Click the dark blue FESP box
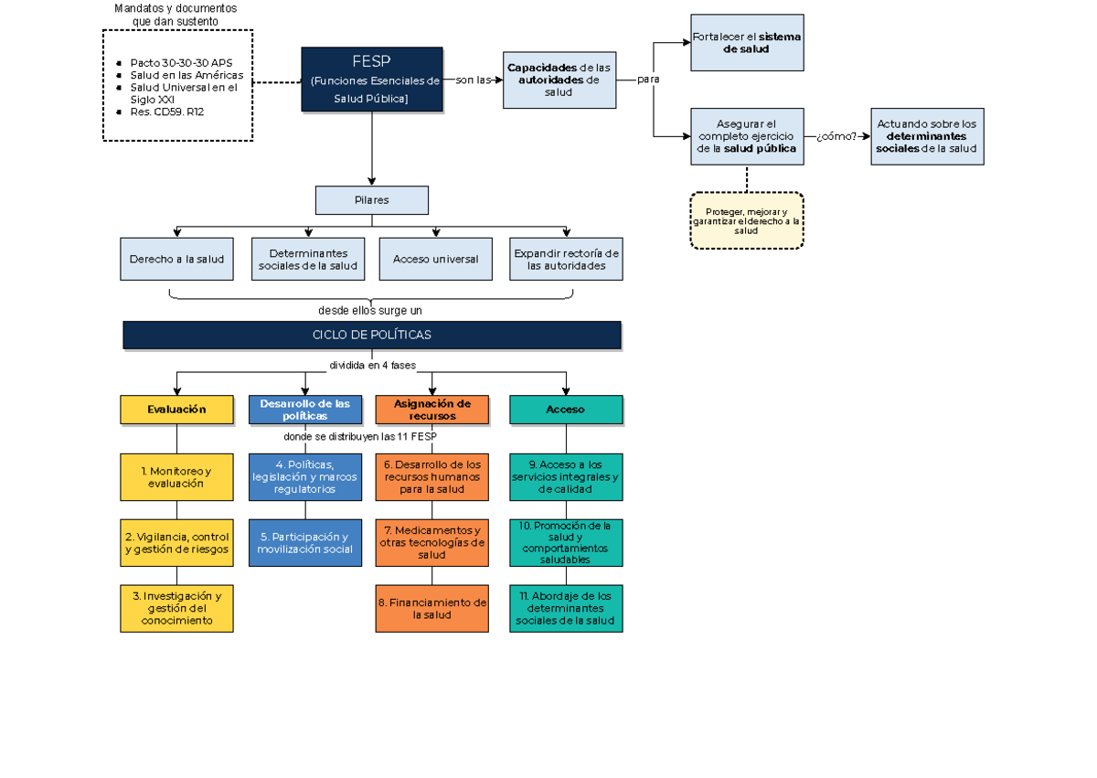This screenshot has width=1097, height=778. click(x=372, y=80)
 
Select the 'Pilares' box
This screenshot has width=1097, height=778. click(x=371, y=200)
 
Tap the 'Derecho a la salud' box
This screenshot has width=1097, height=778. click(x=176, y=260)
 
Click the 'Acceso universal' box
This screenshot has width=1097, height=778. click(x=435, y=260)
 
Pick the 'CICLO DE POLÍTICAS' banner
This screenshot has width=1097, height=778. click(x=372, y=335)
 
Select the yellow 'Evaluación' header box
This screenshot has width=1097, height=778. click(x=176, y=410)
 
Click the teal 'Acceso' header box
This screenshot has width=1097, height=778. click(x=566, y=410)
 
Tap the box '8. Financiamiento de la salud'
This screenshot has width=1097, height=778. click(x=432, y=609)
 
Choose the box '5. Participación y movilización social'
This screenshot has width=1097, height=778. click(x=305, y=543)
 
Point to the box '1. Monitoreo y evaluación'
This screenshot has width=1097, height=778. click(x=176, y=477)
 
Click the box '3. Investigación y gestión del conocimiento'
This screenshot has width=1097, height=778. click(x=176, y=608)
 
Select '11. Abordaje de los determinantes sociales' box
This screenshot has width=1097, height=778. click(x=566, y=608)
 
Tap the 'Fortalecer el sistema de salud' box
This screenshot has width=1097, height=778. click(x=747, y=43)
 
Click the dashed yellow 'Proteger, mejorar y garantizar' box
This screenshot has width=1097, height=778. click(x=747, y=220)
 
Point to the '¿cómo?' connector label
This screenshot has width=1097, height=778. click(x=836, y=137)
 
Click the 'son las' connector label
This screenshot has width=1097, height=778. click(x=473, y=80)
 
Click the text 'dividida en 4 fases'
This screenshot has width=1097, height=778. click(x=372, y=366)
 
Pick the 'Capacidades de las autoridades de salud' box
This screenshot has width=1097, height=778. click(x=559, y=80)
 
